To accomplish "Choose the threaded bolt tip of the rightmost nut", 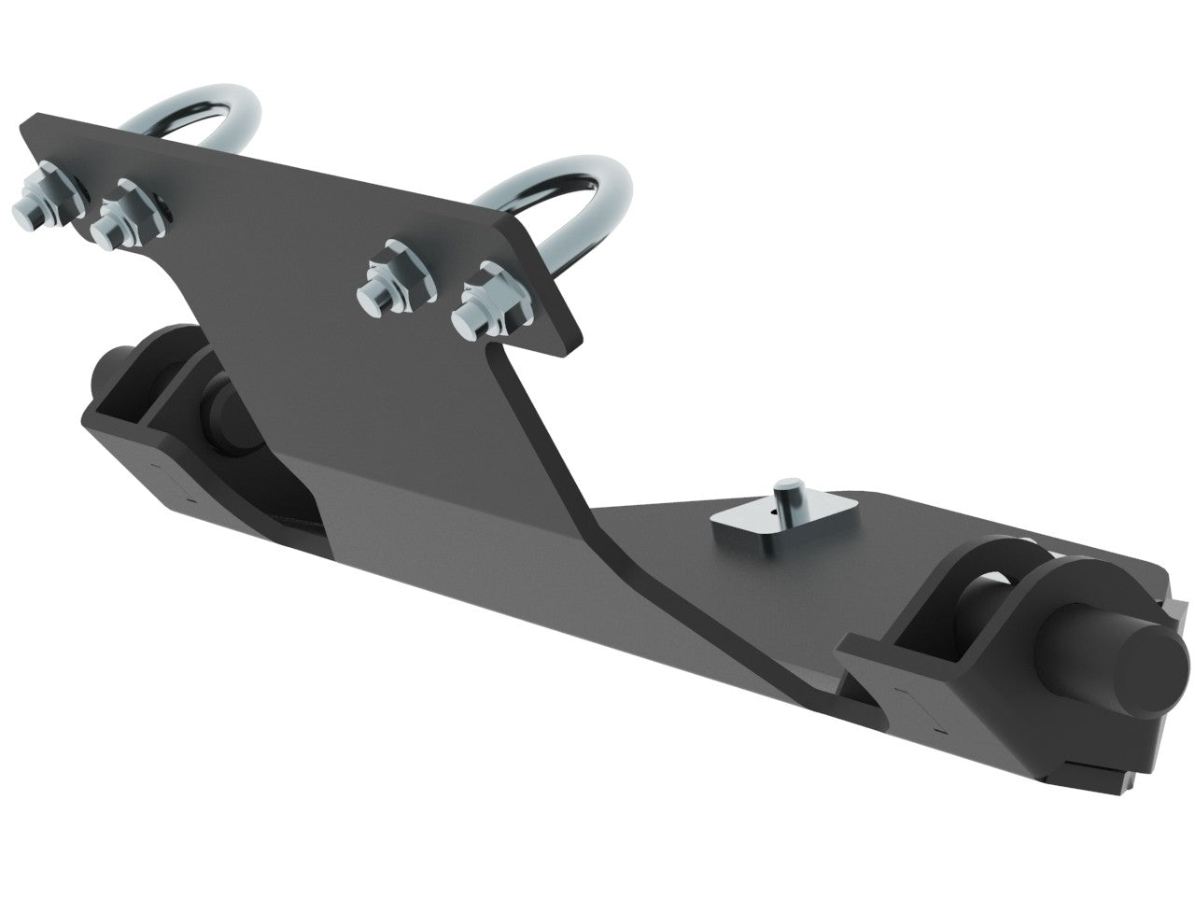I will tap(467, 323).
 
